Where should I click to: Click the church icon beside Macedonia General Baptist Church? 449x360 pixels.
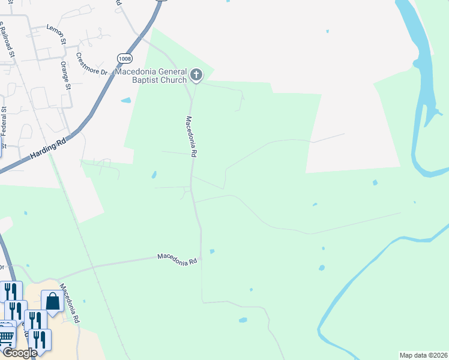tap(196, 75)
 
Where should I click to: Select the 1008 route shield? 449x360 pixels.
tap(125, 58)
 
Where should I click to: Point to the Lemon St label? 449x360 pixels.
tap(55, 28)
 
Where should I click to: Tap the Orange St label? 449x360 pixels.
tap(65, 74)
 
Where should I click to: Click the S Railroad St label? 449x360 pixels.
tap(7, 40)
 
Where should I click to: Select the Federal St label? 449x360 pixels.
tap(4, 120)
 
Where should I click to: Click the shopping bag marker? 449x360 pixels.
tap(52, 301)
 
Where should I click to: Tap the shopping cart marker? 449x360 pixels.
tap(6, 337)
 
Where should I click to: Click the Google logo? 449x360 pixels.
tap(19, 353)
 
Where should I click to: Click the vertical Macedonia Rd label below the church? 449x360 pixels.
tap(191, 136)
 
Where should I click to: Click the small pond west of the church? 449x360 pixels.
tap(126, 100)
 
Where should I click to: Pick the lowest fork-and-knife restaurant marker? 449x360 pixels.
tap(40, 340)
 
